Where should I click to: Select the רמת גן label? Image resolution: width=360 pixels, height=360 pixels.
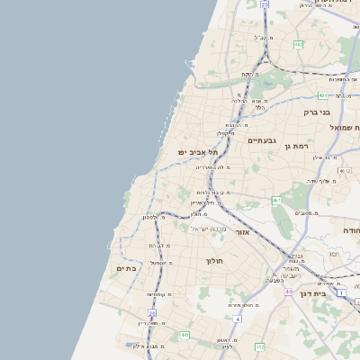click(x=295, y=145)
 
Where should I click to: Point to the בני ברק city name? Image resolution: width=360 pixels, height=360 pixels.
click(x=318, y=112)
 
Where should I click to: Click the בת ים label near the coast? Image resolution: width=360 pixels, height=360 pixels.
click(x=125, y=267)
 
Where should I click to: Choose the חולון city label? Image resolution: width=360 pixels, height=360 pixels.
click(x=213, y=261)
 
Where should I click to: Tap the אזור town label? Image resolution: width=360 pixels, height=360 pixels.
click(x=242, y=232)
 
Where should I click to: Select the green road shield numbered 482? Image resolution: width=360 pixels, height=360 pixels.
click(x=297, y=44)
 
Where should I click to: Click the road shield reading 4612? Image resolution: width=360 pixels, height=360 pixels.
click(x=345, y=169)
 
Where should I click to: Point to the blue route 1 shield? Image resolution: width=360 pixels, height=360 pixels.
click(x=341, y=292)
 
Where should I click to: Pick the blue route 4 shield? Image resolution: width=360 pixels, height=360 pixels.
click(x=238, y=319)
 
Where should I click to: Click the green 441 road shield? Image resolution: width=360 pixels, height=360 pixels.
click(x=184, y=336)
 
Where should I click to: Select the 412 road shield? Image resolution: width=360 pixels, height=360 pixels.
click(x=259, y=346)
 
